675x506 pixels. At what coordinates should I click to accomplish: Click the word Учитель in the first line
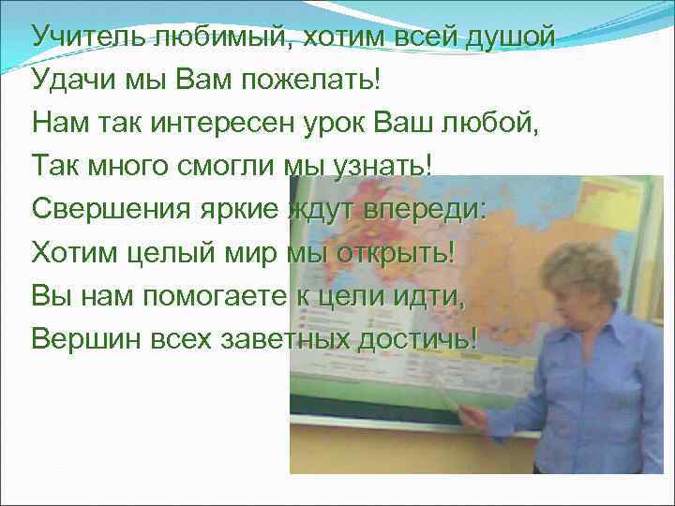[x=83, y=37]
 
